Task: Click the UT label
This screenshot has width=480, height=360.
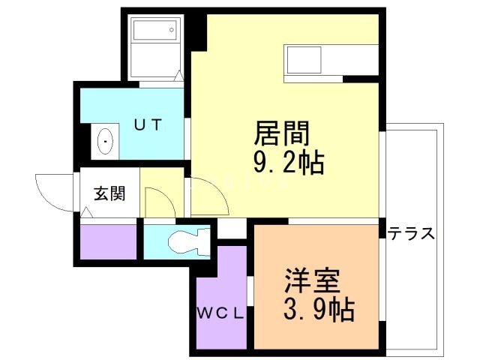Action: click(148, 124)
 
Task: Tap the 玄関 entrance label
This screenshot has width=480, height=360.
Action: click(109, 193)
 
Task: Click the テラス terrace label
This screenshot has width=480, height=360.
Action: click(411, 233)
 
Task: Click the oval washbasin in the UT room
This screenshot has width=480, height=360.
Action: click(106, 140)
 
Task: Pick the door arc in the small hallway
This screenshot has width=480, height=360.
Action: click(159, 201)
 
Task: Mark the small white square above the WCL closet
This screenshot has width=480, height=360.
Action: click(231, 229)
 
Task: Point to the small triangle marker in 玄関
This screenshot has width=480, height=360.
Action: click(87, 214)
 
